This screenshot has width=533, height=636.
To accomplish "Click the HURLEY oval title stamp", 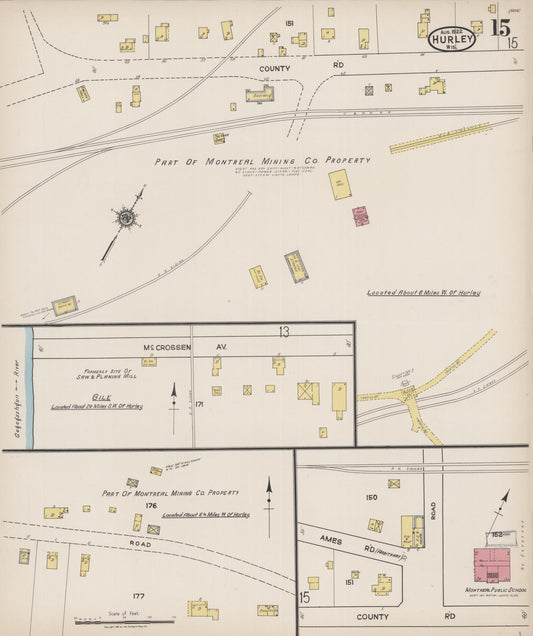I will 454,39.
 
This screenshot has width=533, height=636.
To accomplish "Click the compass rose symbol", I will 126,217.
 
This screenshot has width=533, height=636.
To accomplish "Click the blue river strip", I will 30,385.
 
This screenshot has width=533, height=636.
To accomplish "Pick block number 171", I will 200,404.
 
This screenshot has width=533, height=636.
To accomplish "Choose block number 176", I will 152,505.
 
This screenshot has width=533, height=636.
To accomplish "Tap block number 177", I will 138,596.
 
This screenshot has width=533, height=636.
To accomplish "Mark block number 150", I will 372,497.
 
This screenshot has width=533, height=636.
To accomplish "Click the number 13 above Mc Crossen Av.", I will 284,332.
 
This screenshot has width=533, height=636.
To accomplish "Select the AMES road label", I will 329,541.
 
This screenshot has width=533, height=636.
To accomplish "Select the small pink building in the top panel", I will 359,216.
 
